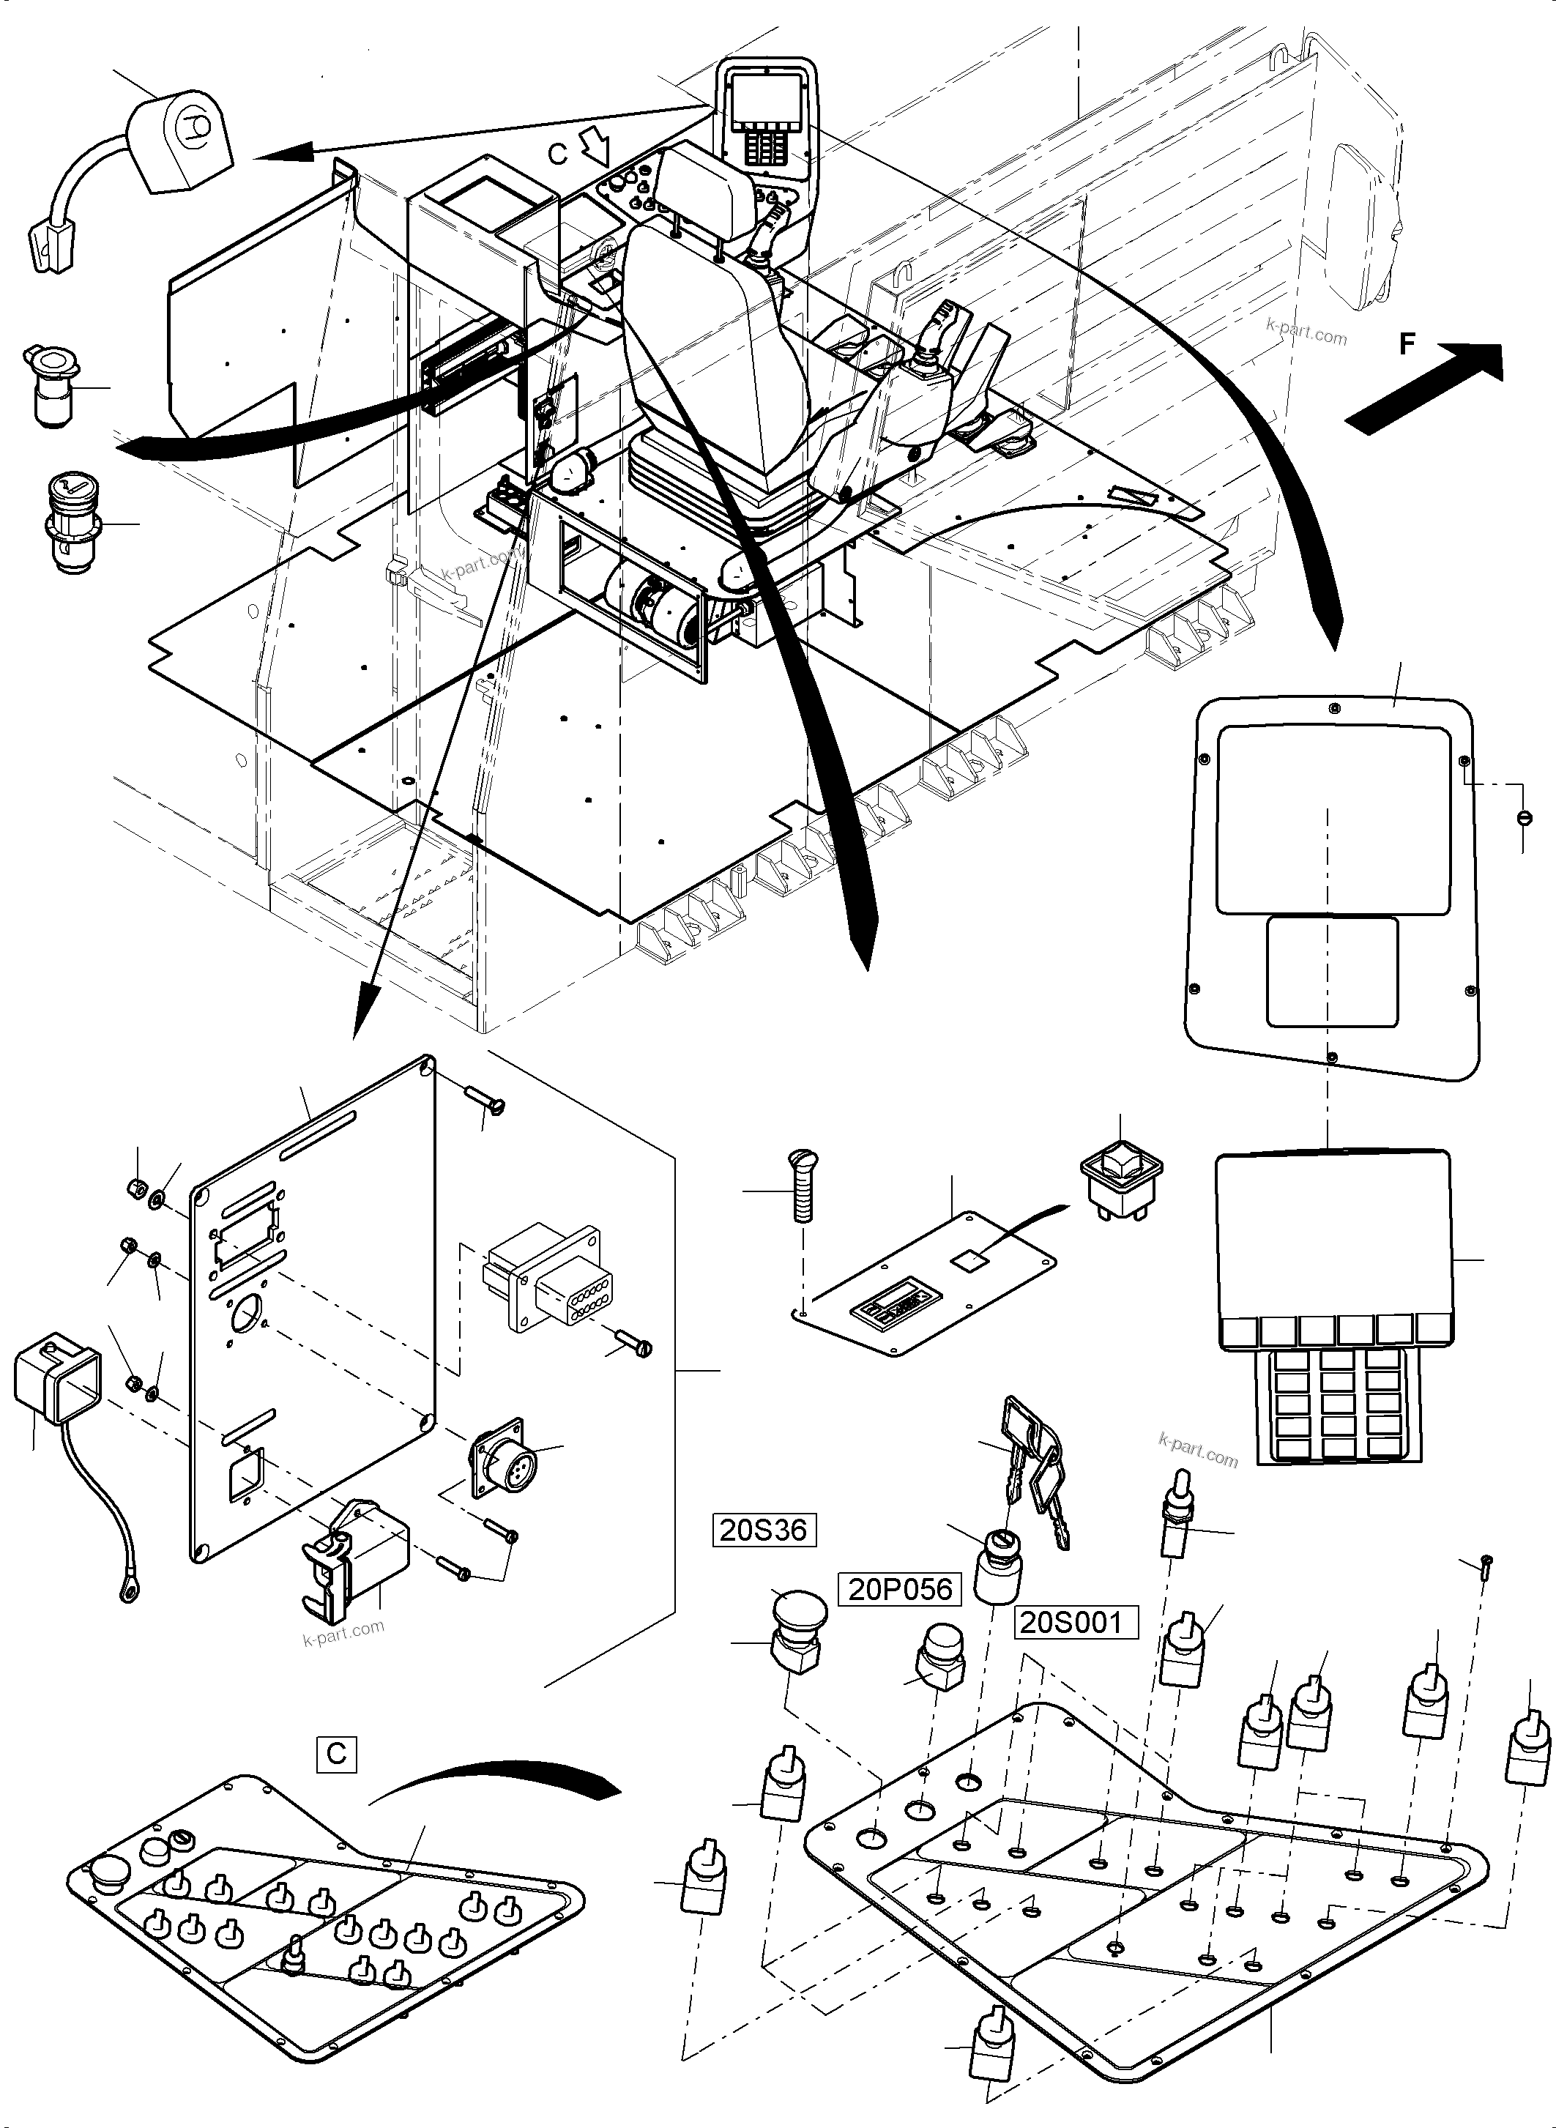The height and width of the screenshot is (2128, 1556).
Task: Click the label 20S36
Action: (x=763, y=1530)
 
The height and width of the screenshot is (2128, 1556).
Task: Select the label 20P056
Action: (x=899, y=1589)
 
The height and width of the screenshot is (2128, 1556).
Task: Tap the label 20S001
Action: (x=1076, y=1622)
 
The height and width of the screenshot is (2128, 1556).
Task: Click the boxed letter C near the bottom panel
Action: (x=336, y=1753)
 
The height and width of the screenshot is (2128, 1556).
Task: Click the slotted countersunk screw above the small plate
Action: (x=803, y=1187)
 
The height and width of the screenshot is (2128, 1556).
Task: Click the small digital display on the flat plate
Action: (x=889, y=1309)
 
